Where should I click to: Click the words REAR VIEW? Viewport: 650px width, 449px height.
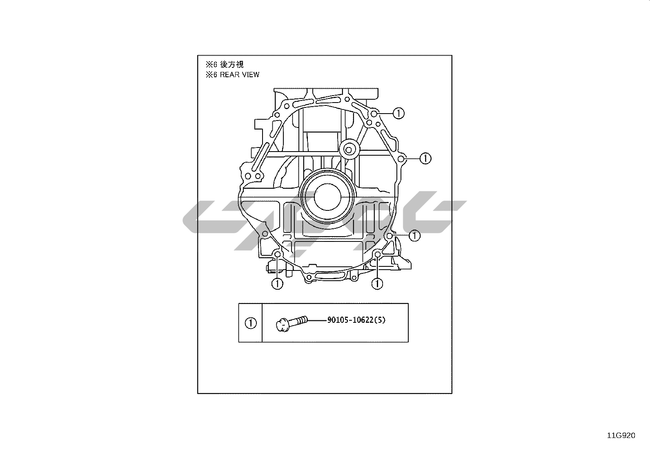(x=239, y=75)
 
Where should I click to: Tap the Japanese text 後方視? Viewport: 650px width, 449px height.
(x=232, y=64)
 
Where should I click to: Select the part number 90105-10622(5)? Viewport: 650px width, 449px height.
(x=356, y=320)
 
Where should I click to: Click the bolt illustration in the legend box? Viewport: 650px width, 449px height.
(x=292, y=324)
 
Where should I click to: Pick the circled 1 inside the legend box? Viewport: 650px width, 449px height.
(x=251, y=323)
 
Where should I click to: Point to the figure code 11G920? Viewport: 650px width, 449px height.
(x=621, y=436)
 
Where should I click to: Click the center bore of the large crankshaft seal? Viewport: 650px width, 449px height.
(x=327, y=197)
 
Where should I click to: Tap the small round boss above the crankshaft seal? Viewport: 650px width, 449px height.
(x=349, y=150)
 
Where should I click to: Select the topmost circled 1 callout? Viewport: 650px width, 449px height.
(x=398, y=113)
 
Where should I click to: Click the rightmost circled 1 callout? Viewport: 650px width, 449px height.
(x=425, y=158)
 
